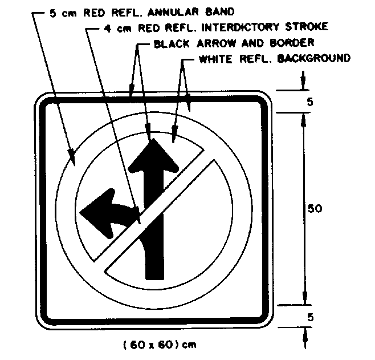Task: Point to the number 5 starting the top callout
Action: pos(52,12)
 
